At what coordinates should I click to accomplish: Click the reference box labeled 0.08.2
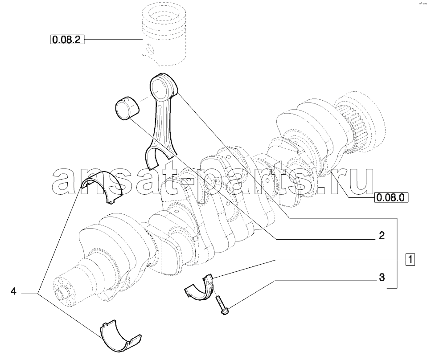67,40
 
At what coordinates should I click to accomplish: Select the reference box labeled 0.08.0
391,197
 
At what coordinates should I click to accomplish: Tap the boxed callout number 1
410,259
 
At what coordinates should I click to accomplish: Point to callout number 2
382,236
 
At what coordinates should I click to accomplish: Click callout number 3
382,278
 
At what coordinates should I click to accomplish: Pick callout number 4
14,291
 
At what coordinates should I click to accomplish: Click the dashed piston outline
164,37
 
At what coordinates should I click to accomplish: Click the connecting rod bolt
222,305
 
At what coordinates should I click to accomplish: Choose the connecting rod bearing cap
201,288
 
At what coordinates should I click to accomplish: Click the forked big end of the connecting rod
159,157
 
